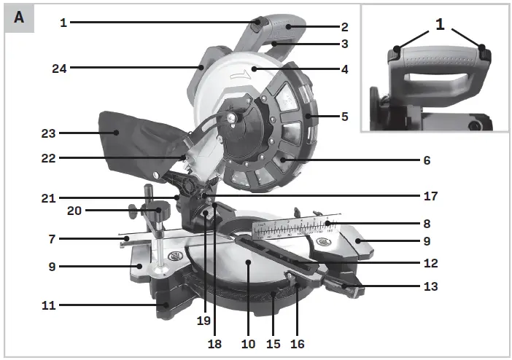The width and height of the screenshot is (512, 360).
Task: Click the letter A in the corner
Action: (x=19, y=17)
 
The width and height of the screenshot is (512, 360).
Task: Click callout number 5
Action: (x=345, y=115)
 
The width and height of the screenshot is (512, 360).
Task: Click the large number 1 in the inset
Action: (x=439, y=24)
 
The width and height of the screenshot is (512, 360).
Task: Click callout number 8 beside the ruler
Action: (x=427, y=224)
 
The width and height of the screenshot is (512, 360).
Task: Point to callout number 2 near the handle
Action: (x=345, y=27)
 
